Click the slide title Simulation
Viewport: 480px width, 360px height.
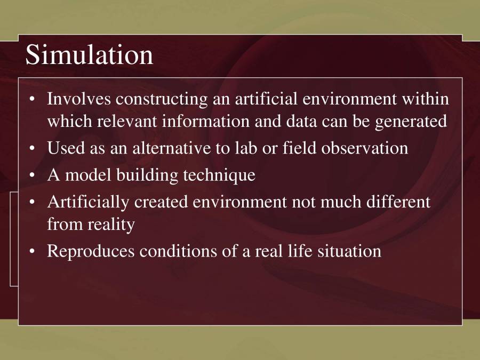click(x=89, y=55)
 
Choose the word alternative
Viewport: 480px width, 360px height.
click(x=170, y=148)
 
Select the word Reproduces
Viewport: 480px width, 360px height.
click(x=91, y=251)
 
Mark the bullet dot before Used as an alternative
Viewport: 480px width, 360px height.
click(x=33, y=148)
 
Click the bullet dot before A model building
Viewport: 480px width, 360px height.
click(x=33, y=175)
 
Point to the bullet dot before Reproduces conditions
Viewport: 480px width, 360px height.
click(x=33, y=251)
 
